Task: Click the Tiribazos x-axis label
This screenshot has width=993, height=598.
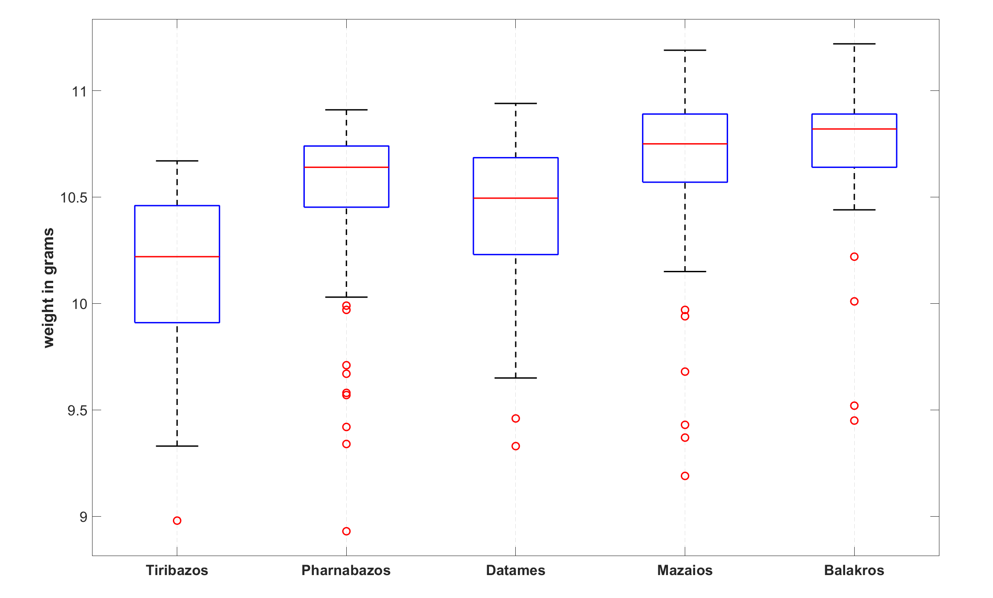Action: (177, 570)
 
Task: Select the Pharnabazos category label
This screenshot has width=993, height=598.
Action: (346, 570)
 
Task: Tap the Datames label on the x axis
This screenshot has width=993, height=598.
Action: (515, 570)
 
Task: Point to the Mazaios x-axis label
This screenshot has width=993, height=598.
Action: (685, 570)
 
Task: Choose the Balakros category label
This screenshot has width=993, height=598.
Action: (854, 570)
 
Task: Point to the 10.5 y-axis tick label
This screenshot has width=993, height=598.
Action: (73, 198)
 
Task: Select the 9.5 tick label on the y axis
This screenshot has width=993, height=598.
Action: (77, 410)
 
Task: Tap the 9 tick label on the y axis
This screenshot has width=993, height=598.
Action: (83, 517)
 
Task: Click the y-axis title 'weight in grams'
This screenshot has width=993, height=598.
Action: (48, 288)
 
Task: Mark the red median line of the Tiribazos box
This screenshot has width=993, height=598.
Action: (177, 257)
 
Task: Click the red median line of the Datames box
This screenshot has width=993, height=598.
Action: (515, 198)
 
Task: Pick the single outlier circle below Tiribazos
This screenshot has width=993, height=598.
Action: (177, 521)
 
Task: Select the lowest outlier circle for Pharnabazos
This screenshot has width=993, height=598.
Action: (346, 531)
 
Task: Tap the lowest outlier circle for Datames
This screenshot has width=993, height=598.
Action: (516, 446)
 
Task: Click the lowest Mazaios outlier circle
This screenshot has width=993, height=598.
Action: (685, 476)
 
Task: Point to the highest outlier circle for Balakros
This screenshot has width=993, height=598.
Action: (854, 257)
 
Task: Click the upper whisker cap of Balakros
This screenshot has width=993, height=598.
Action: (854, 44)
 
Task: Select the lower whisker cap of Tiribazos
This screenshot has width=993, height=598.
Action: (177, 446)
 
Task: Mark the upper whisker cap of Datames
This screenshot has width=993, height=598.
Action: (515, 103)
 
